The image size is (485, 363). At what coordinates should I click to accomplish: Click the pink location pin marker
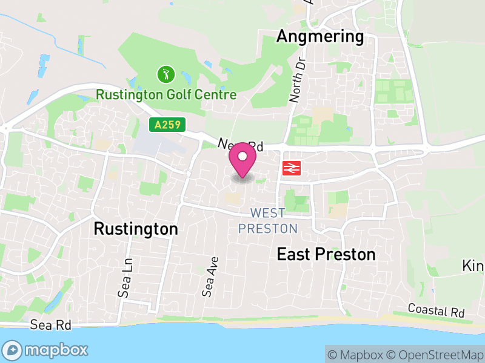242,160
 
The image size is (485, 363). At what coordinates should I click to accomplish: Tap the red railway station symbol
291,168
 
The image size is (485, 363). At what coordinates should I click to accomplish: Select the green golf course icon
166,75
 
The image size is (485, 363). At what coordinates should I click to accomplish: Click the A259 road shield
167,125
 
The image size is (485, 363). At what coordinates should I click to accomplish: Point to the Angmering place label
319,37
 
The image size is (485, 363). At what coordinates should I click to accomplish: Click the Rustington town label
136,229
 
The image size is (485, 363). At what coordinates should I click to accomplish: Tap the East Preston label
326,254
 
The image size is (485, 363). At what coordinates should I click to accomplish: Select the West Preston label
267,221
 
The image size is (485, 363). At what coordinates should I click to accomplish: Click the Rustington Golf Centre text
166,95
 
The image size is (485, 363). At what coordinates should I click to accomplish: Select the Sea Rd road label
51,325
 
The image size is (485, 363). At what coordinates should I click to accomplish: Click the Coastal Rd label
436,311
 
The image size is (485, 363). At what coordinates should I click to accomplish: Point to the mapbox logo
45,350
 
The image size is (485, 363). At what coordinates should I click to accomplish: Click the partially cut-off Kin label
473,266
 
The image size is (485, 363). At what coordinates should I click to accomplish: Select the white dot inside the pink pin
242,157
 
